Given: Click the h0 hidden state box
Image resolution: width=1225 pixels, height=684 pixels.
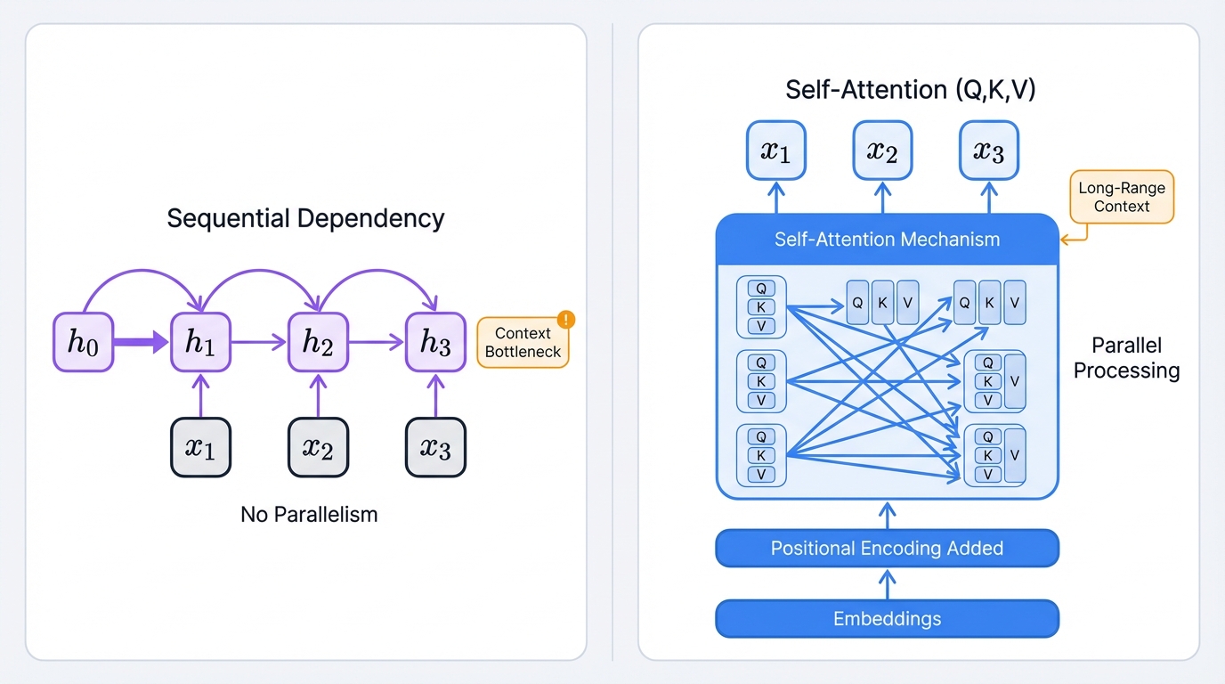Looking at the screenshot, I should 83,342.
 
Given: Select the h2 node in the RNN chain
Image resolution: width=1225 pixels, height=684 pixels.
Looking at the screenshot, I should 318,342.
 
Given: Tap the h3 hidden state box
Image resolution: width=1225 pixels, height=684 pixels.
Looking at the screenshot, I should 435,342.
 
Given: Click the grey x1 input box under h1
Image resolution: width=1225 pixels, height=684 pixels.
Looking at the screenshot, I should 200,447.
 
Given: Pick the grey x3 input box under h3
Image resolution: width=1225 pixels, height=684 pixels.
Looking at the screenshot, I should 435,447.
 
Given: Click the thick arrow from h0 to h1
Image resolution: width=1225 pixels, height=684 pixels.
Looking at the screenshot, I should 142,341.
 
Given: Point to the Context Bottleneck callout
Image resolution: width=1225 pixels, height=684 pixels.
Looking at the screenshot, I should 523,343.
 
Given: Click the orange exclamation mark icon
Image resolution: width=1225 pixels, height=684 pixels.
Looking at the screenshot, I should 565,320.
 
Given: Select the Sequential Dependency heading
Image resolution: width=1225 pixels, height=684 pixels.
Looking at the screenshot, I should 305,218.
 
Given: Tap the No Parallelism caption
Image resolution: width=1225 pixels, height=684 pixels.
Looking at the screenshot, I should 309,514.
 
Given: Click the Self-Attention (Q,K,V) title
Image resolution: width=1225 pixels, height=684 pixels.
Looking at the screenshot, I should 910,89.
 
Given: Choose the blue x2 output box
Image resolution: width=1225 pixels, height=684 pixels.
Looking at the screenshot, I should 882,151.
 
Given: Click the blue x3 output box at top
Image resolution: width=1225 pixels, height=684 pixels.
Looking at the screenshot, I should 988,151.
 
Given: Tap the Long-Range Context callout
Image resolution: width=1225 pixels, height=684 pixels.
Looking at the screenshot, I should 1121,197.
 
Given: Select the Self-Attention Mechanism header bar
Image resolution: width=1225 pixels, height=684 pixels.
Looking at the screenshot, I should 887,240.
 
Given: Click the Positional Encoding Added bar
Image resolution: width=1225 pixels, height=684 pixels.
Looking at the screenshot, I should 887,549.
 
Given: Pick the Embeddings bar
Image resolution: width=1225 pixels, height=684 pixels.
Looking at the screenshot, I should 887,618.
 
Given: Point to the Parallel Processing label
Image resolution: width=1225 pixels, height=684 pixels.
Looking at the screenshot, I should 1126,358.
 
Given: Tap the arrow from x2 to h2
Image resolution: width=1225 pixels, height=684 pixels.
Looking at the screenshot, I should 318,395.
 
